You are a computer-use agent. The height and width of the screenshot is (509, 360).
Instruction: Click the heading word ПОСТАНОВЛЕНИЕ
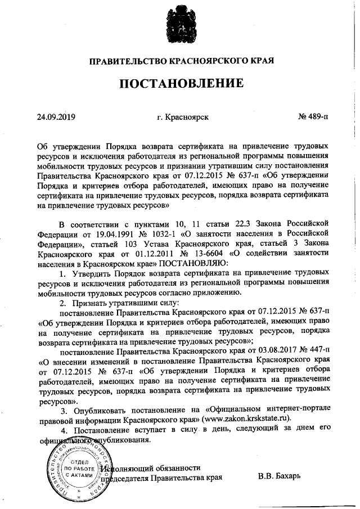(x=179, y=84)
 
